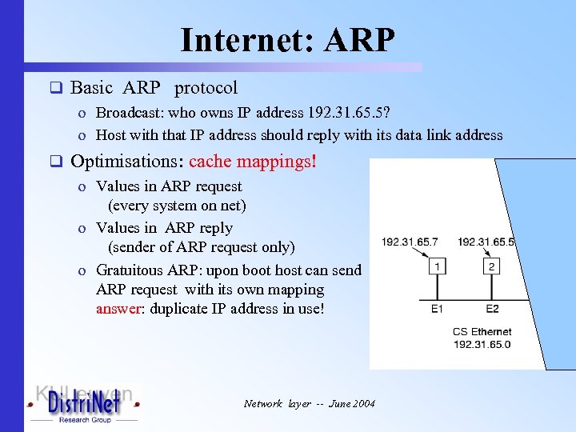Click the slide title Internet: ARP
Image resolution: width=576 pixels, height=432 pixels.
[x=288, y=40]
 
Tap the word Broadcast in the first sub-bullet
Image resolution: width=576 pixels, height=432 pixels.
[x=129, y=114]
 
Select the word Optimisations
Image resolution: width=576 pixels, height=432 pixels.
[x=127, y=162]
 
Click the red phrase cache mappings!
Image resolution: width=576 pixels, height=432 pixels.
[x=253, y=162]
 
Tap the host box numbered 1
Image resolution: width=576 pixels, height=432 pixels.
[x=438, y=266]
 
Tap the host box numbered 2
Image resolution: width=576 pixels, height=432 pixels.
[x=492, y=266]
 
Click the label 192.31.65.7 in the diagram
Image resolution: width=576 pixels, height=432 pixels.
[x=410, y=242]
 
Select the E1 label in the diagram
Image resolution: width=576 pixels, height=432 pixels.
[x=437, y=309]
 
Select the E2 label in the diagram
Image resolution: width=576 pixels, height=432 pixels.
[x=492, y=309]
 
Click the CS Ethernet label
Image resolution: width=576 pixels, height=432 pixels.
[x=482, y=331]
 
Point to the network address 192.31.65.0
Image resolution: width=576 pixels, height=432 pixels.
[x=482, y=344]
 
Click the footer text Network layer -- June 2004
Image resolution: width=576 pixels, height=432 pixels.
[x=310, y=404]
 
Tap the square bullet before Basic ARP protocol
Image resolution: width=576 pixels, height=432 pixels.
[x=56, y=88]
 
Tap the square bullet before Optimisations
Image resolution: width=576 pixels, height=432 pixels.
[x=56, y=162]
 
